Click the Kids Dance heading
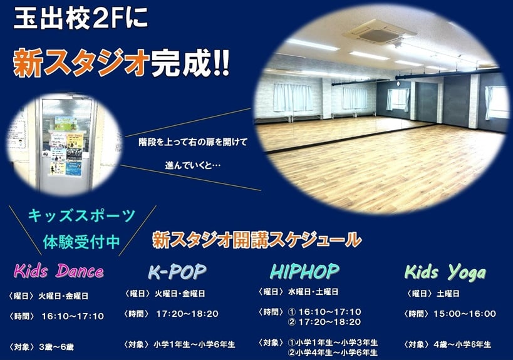tap(59, 271)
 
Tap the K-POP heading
tap(177, 272)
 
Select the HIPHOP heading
tap(304, 271)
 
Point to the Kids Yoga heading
tap(445, 272)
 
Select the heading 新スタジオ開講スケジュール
tap(257, 240)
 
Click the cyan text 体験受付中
tap(81, 242)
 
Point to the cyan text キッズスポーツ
tap(81, 216)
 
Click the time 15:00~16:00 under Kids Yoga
tap(465, 314)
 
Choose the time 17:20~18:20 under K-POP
tap(187, 314)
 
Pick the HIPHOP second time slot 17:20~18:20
tap(329, 322)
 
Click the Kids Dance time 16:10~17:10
tap(73, 316)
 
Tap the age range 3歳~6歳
tap(56, 347)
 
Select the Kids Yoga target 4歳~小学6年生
tap(462, 344)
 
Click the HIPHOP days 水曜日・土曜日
tap(313, 292)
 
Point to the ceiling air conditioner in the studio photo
tap(380, 32)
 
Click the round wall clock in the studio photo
tap(398, 84)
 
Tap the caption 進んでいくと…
tap(193, 165)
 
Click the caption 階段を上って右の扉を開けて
tap(193, 142)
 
